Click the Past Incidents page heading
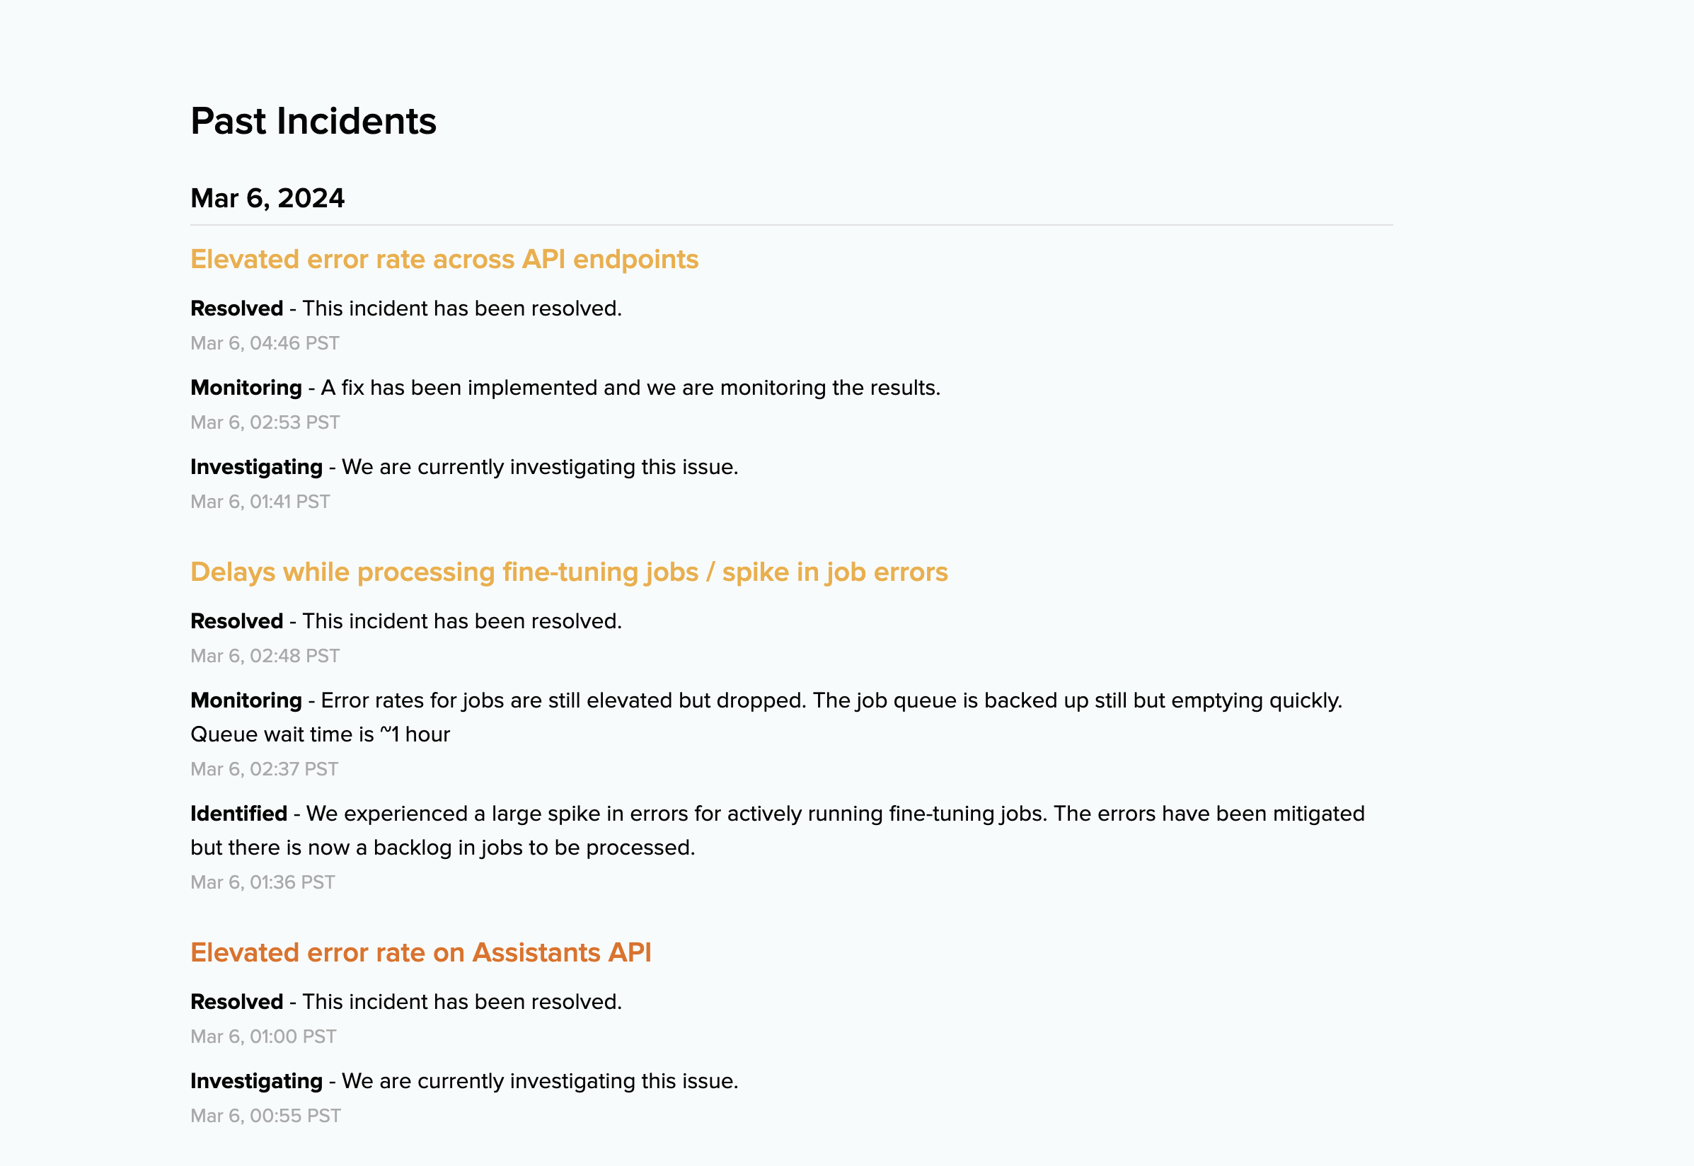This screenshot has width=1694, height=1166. point(313,121)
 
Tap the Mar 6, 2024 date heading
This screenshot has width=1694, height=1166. point(267,198)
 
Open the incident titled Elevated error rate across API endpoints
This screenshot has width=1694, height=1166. point(444,260)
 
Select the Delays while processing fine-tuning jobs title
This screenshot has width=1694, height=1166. point(568,572)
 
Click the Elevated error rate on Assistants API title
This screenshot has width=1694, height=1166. point(420,952)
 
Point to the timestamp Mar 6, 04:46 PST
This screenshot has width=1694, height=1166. point(265,343)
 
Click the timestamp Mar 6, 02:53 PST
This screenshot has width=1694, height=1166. point(265,422)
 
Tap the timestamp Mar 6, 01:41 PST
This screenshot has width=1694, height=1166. point(260,502)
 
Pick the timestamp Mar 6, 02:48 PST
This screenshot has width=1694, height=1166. point(265,656)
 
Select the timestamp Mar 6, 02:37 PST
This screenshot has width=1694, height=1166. point(264,769)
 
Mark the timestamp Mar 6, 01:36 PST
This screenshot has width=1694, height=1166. point(263,882)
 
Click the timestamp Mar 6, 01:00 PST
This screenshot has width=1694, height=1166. point(263,1037)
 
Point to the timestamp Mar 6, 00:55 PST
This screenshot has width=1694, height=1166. point(265,1116)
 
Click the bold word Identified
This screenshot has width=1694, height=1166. point(238,814)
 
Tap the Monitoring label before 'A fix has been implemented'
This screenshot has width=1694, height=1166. point(246,388)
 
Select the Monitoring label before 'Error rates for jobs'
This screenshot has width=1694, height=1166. point(246,700)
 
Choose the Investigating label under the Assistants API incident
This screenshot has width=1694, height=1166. point(255,1081)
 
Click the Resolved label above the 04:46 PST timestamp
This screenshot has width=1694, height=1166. point(236,308)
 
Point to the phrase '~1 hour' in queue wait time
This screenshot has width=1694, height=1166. point(414,734)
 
